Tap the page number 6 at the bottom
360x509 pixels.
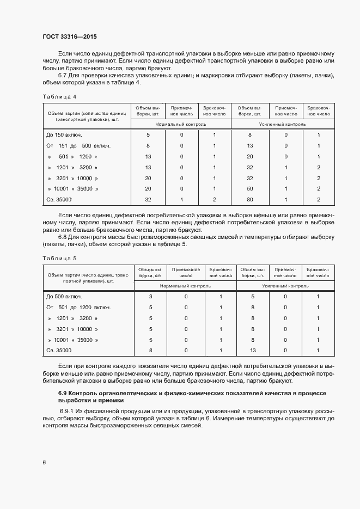[x=44, y=463]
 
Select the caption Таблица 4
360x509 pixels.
[x=59, y=97]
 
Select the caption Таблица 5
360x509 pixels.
[x=59, y=259]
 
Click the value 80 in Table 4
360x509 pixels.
[x=250, y=200]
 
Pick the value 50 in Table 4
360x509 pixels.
[x=250, y=189]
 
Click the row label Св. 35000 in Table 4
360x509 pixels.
[x=59, y=200]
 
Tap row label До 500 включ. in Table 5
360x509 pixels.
[x=64, y=296]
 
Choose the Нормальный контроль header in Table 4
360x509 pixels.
[x=181, y=124]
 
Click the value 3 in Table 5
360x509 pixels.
[x=150, y=296]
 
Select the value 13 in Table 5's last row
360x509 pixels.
[x=253, y=351]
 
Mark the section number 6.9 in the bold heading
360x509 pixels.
[x=63, y=393]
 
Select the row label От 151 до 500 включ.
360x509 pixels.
[x=78, y=145]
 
